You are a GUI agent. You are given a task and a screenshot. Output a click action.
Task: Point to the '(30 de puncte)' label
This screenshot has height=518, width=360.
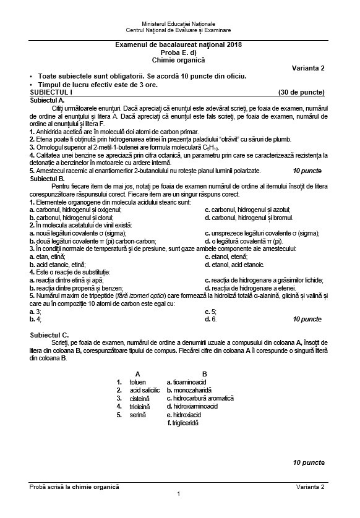[301, 91]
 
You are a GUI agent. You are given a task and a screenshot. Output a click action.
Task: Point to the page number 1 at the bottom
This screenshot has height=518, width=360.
[178, 493]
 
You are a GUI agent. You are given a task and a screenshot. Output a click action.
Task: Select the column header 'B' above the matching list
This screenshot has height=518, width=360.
[205, 373]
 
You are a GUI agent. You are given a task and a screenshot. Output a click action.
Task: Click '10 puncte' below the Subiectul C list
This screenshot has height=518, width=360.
[308, 462]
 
